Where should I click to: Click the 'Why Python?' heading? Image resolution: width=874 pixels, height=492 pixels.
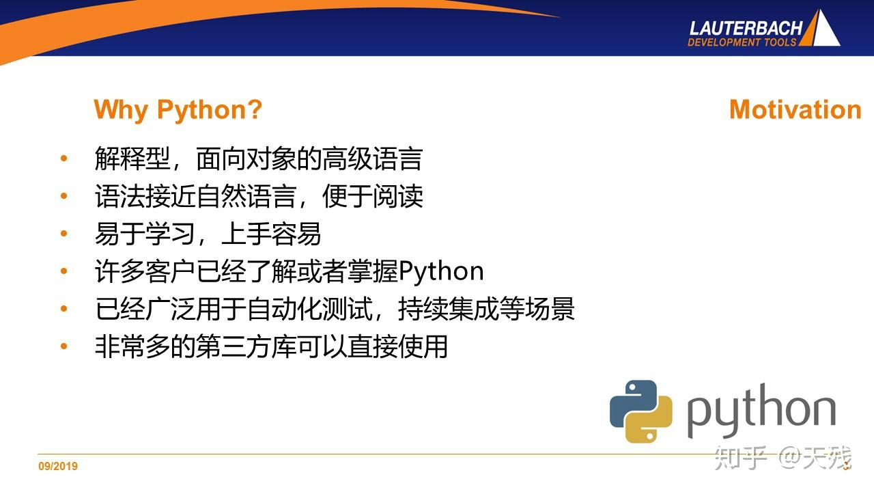point(178,109)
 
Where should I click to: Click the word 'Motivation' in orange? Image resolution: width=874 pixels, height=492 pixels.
point(795,109)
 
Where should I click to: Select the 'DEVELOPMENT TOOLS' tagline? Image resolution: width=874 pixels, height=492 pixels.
point(742,42)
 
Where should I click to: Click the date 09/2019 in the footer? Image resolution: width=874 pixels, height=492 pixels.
point(58,466)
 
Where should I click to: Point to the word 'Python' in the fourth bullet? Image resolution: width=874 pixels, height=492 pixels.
point(441,271)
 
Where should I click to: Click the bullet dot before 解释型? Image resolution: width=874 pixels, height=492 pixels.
point(64,159)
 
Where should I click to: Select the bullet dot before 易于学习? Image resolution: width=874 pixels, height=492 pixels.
point(64,234)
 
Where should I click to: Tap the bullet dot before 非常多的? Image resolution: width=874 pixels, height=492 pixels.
point(64,346)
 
